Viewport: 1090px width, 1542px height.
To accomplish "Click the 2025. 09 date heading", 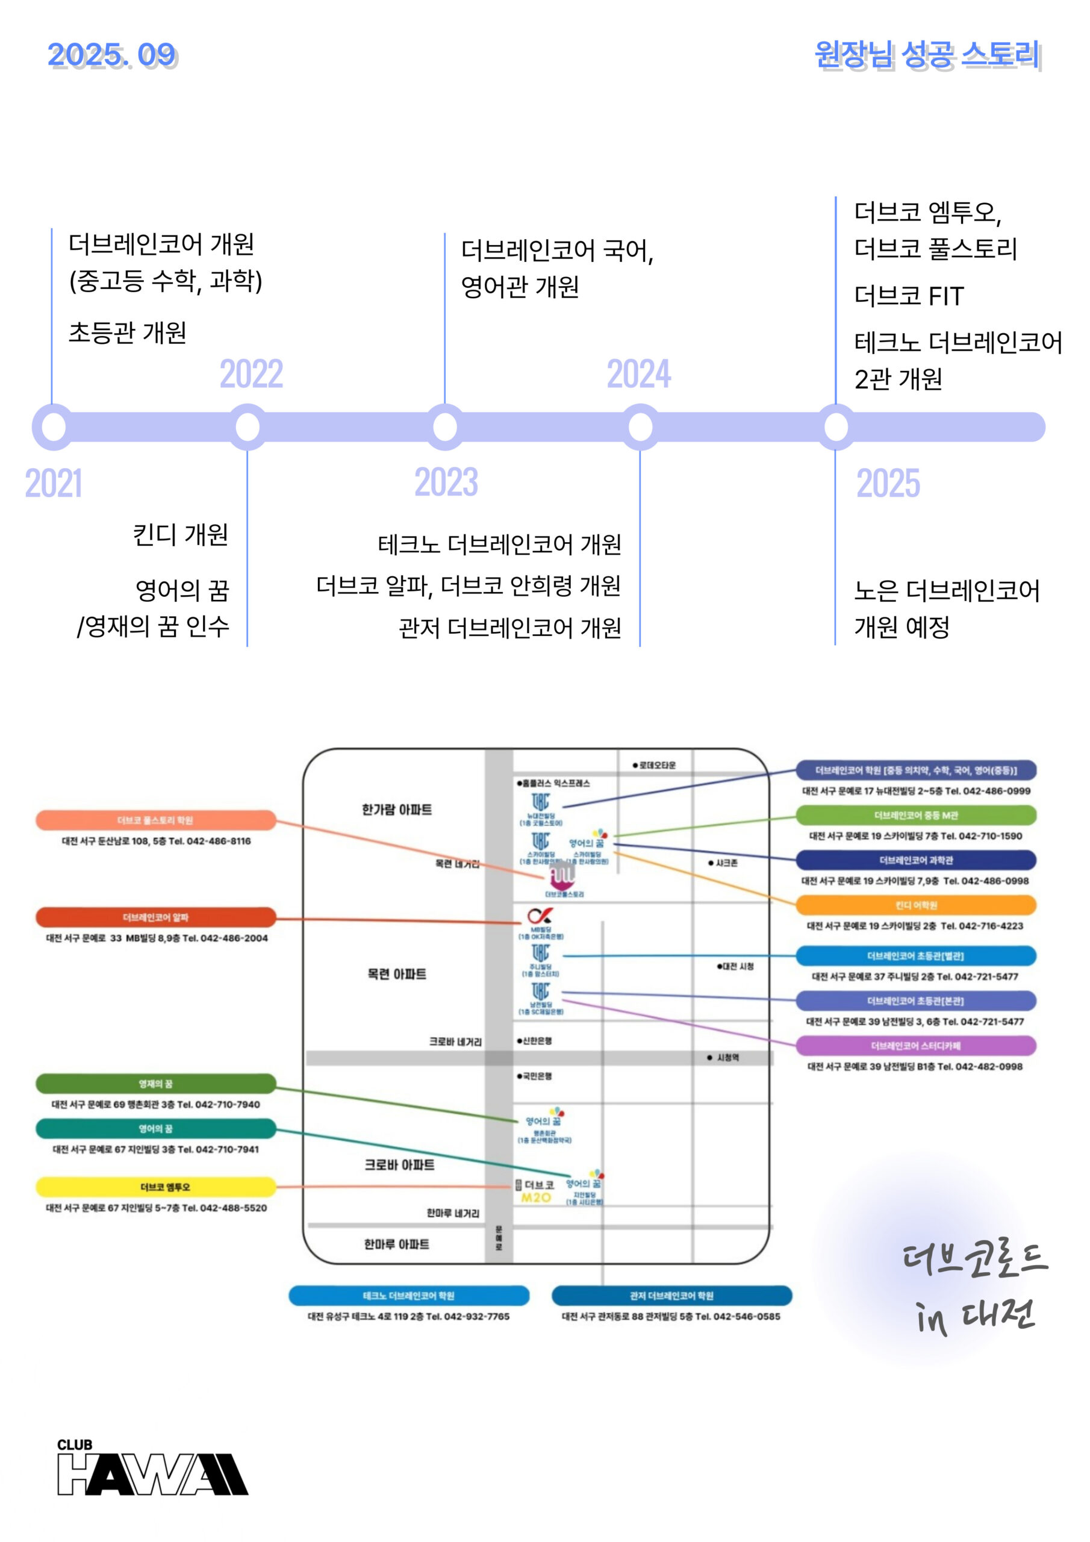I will [x=111, y=55].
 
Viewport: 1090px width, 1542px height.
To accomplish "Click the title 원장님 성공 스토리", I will [x=927, y=55].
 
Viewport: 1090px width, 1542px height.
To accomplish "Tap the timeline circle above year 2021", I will [x=54, y=426].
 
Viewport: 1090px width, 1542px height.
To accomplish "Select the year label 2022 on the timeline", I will [x=251, y=374].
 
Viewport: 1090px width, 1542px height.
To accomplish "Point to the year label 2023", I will [x=446, y=482].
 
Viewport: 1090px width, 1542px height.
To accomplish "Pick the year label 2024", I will [x=639, y=374].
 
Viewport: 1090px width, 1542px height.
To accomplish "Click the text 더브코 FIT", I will [x=909, y=296].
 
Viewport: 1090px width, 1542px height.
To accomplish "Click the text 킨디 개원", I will [x=180, y=535].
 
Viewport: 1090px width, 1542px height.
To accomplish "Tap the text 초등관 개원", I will [x=128, y=332].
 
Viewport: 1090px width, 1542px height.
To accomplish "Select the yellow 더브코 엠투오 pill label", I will [x=156, y=1187].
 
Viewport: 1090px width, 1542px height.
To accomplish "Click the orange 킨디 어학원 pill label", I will [x=915, y=905].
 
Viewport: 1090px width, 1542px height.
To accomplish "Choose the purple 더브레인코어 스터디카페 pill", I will [x=915, y=1046].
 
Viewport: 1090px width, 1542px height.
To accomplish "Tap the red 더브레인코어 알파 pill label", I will [x=156, y=917].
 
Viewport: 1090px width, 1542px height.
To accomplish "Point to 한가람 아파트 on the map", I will [x=396, y=810].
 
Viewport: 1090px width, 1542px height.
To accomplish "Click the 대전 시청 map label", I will [x=736, y=966].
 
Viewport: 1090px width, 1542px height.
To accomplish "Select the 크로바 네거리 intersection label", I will [x=455, y=1041].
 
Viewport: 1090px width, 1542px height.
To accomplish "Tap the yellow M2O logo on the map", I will [x=536, y=1197].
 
